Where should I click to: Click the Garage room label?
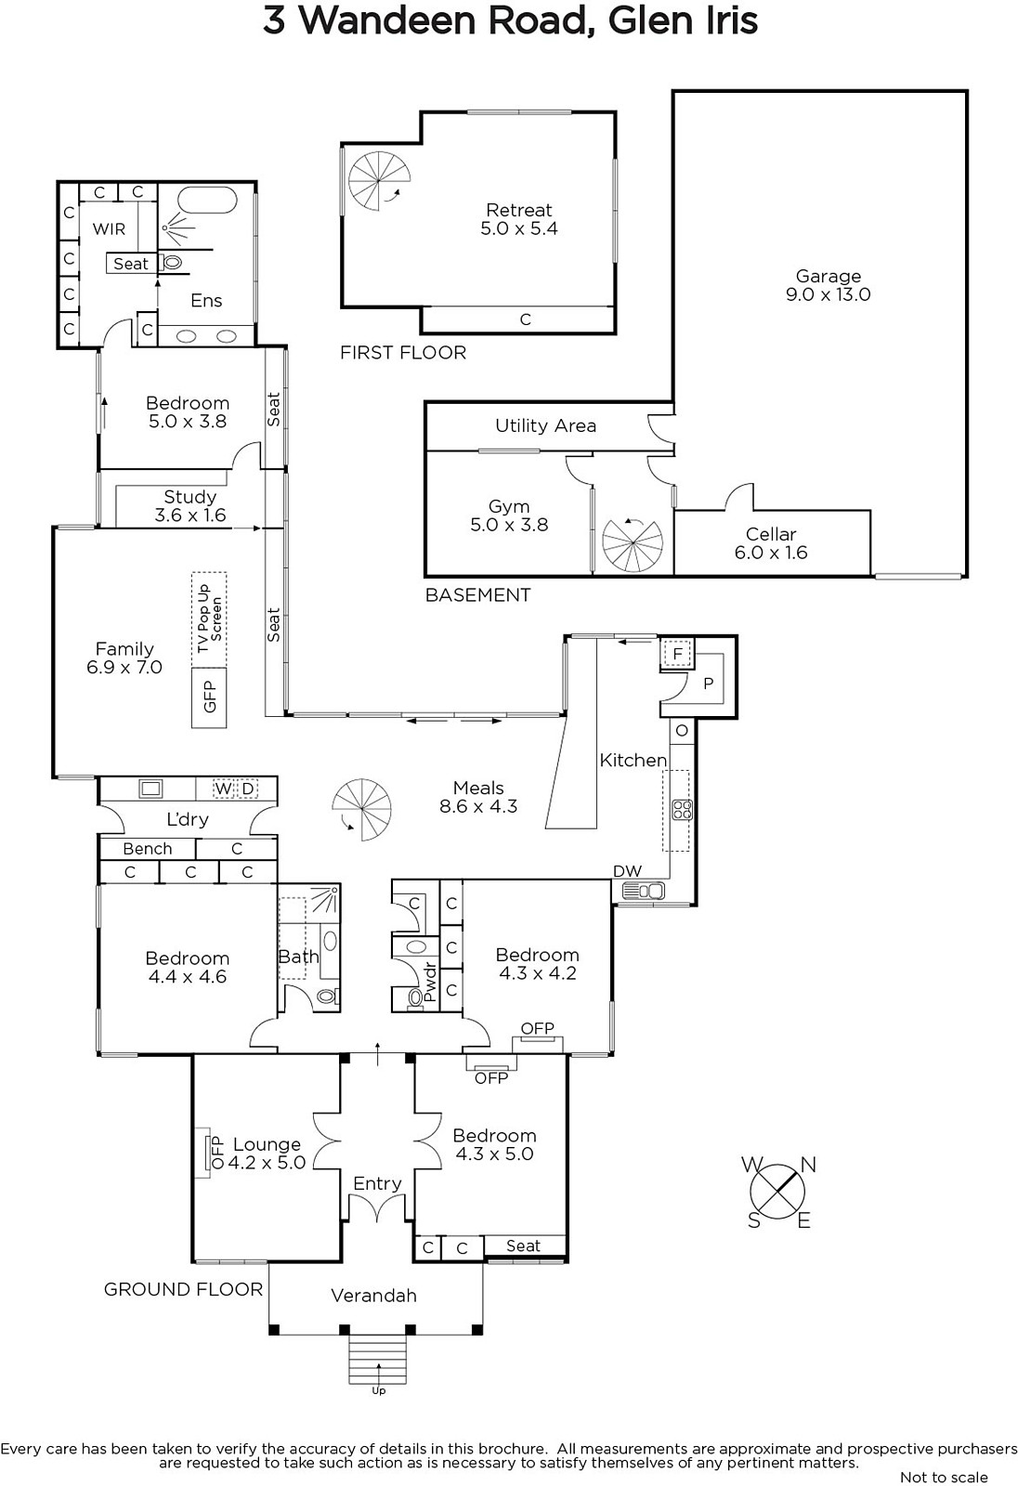click(x=828, y=285)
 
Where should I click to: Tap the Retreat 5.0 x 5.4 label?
click(x=519, y=219)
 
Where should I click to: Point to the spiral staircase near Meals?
click(x=362, y=810)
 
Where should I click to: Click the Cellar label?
click(x=771, y=543)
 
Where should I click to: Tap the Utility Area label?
click(x=545, y=425)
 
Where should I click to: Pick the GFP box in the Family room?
click(x=209, y=697)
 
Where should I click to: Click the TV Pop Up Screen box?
click(x=209, y=618)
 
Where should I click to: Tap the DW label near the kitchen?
click(x=627, y=870)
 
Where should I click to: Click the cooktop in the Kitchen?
click(x=682, y=809)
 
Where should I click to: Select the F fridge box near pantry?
click(x=677, y=655)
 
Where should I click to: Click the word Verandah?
click(x=373, y=1295)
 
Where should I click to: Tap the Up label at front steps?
click(x=378, y=1390)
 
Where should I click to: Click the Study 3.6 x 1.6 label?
click(x=189, y=506)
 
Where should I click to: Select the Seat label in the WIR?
click(x=131, y=264)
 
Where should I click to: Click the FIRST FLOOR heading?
click(x=403, y=352)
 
